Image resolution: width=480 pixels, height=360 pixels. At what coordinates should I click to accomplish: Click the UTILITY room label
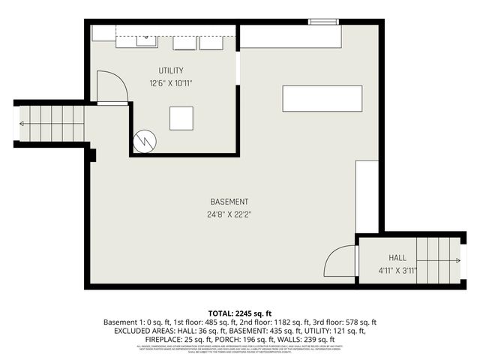point(170,70)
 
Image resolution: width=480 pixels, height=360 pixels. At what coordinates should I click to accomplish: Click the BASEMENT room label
point(229,202)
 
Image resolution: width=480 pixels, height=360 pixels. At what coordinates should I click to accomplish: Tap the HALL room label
point(397,258)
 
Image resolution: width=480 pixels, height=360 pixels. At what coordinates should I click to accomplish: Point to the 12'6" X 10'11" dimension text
point(170,83)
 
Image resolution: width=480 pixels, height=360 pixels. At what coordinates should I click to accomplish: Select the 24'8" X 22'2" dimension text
point(229,214)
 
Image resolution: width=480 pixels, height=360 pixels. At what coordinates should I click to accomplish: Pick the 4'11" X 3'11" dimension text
point(397,271)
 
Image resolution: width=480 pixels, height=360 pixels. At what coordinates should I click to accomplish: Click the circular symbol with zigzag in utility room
point(144,139)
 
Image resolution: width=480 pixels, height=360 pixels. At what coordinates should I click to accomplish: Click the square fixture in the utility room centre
point(181,118)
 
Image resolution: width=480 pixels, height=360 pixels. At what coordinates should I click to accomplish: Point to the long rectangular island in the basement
point(322,99)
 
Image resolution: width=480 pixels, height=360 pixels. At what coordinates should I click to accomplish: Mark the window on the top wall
point(324,22)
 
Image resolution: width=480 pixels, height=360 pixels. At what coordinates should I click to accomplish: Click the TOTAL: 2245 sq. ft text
point(239,312)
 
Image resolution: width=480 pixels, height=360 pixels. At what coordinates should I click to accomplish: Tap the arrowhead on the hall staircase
point(457,261)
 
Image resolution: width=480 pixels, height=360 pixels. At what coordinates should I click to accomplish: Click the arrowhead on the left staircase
point(22,123)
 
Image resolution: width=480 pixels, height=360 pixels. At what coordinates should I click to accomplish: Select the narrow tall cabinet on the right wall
point(367,196)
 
